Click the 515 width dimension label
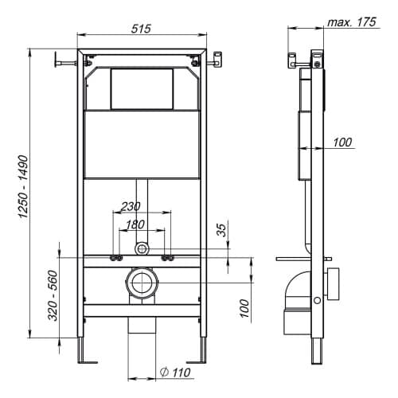[141, 29]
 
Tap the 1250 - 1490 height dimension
[23, 186]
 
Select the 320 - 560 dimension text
[53, 295]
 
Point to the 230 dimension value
[131, 206]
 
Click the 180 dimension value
[135, 224]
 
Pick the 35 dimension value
[221, 230]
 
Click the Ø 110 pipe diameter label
[175, 373]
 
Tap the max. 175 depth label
[352, 22]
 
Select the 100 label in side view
[342, 142]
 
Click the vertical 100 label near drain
[244, 308]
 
